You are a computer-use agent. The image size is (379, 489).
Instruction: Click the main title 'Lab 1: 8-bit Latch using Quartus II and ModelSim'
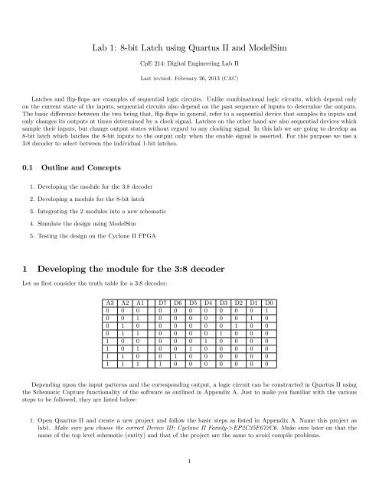point(189,47)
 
